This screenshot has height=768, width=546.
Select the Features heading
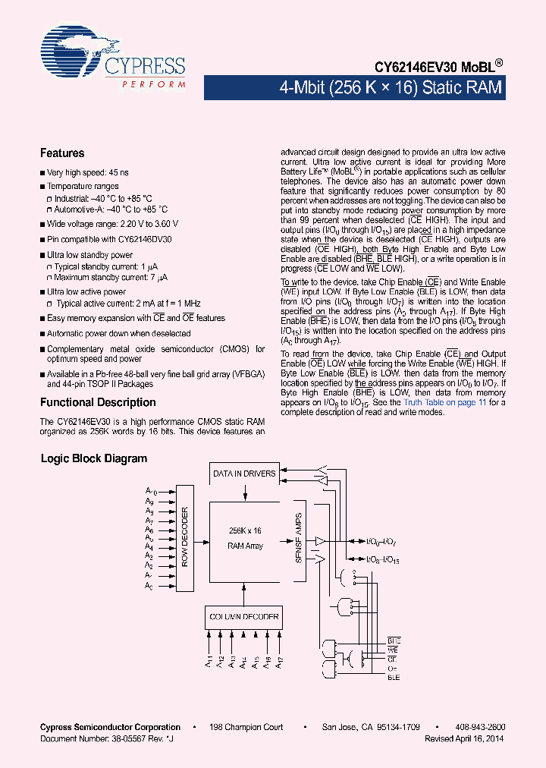(x=62, y=153)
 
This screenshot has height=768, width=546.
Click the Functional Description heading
(x=98, y=402)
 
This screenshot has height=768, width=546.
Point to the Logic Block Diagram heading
(x=93, y=458)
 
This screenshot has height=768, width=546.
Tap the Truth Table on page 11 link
(x=444, y=402)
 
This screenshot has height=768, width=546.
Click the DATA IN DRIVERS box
(x=243, y=474)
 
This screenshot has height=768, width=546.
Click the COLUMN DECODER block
(x=243, y=616)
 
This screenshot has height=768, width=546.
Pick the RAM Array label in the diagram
(x=245, y=546)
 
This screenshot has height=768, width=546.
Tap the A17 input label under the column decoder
(x=279, y=661)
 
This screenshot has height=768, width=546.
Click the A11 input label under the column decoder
(x=209, y=661)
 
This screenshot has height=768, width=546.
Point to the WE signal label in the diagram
(x=393, y=650)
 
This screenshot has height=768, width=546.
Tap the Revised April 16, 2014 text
(x=463, y=738)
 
